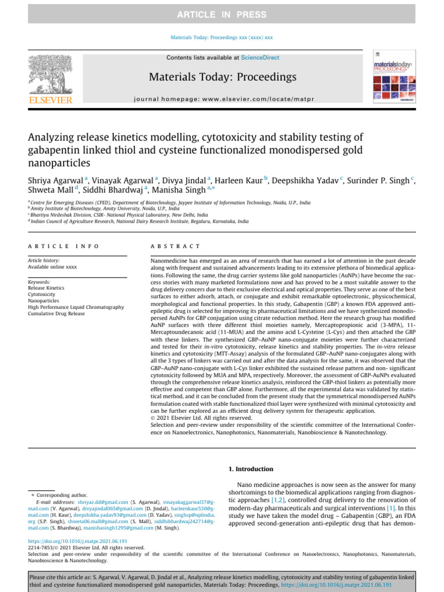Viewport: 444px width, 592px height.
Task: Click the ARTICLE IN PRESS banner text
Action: pos(222,14)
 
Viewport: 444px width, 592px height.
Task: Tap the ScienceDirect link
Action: pos(260,58)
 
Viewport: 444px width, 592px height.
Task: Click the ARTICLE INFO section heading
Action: pos(64,246)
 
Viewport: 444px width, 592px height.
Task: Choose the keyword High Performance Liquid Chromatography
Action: pos(76,308)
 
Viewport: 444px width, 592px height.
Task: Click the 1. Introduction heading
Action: pos(251,469)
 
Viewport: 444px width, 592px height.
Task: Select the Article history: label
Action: pos(43,261)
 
